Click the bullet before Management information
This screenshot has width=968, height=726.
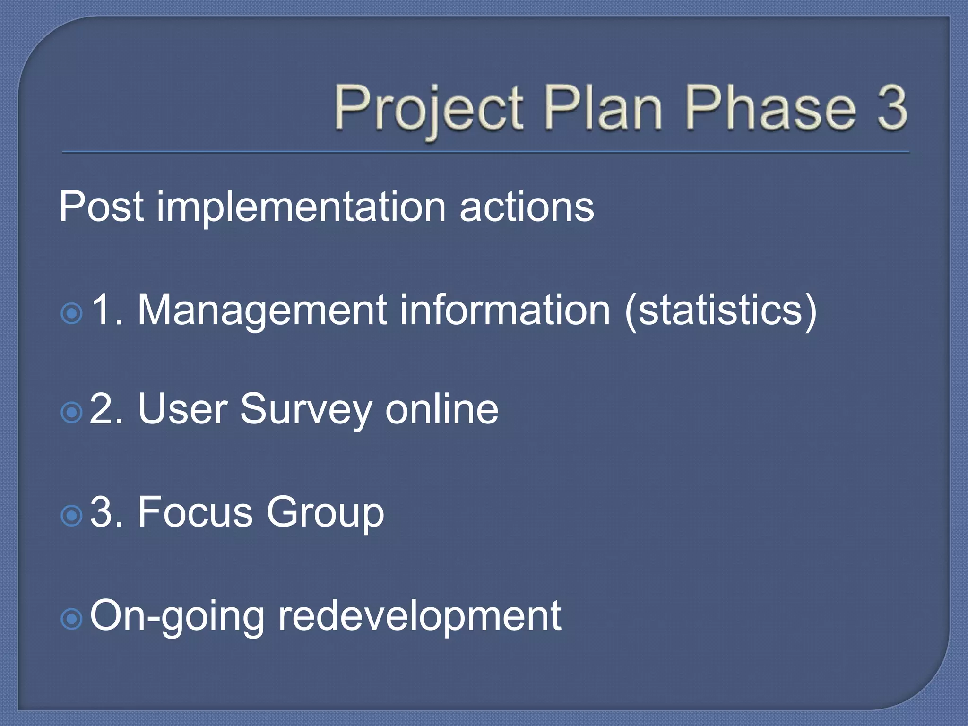click(72, 313)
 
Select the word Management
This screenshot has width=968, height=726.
click(262, 311)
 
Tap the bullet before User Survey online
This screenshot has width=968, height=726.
click(72, 413)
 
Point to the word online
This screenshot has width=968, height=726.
click(441, 409)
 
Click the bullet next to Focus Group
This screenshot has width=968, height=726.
click(72, 516)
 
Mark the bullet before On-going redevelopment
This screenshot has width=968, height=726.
click(72, 619)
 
